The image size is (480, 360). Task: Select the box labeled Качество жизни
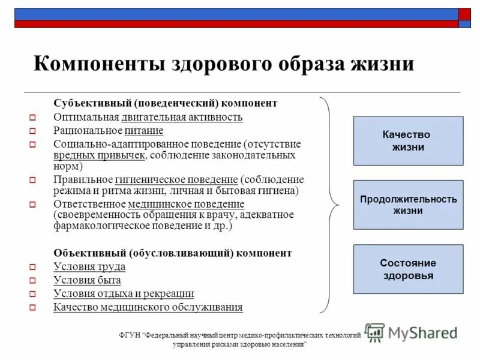(x=408, y=141)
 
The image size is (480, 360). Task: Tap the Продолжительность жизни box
(x=408, y=205)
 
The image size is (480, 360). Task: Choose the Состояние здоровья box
(x=408, y=269)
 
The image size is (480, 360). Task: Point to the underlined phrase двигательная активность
(x=182, y=117)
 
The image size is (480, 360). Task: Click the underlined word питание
(x=144, y=130)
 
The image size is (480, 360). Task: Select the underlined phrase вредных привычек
(x=99, y=155)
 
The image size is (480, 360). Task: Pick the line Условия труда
(x=89, y=267)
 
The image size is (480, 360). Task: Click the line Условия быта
(x=87, y=280)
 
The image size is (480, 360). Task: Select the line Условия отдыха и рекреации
(x=124, y=294)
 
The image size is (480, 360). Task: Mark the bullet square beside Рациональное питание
(x=33, y=131)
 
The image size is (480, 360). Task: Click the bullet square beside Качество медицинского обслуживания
(x=33, y=308)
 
